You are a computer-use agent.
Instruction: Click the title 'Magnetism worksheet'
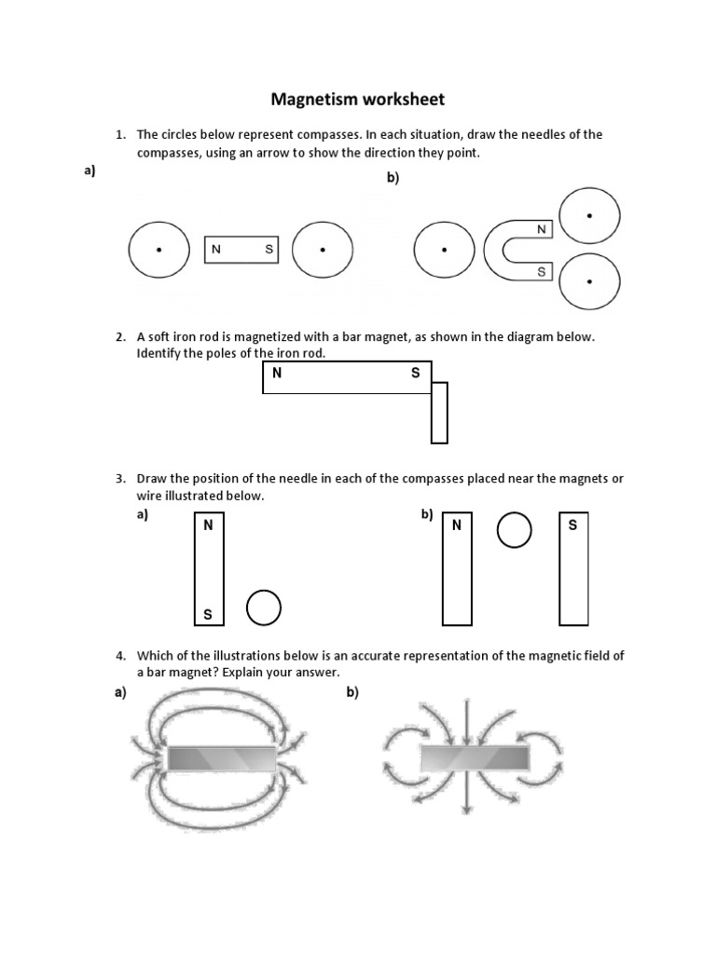tap(357, 99)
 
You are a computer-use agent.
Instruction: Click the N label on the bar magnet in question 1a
tap(216, 250)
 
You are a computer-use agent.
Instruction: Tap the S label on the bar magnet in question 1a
tap(268, 250)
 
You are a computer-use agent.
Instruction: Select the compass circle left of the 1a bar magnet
tap(158, 250)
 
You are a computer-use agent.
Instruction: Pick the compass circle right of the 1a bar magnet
tap(323, 250)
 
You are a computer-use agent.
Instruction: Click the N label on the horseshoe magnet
tap(541, 228)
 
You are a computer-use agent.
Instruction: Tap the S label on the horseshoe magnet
tap(541, 271)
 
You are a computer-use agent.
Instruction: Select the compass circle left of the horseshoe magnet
tap(444, 250)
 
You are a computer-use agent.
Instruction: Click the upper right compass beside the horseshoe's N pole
tap(589, 215)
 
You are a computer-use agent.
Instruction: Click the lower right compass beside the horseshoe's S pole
tap(589, 280)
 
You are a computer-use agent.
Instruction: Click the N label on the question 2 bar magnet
tap(276, 374)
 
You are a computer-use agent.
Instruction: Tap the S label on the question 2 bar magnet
tap(415, 374)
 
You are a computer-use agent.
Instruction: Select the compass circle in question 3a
tap(263, 607)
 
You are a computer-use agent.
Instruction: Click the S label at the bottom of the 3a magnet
tap(208, 615)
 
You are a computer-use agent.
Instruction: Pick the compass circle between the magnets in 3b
tap(514, 530)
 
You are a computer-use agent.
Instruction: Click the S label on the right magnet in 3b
tap(572, 525)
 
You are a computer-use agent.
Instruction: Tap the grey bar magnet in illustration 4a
tap(221, 759)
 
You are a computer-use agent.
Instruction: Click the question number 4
tap(120, 656)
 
